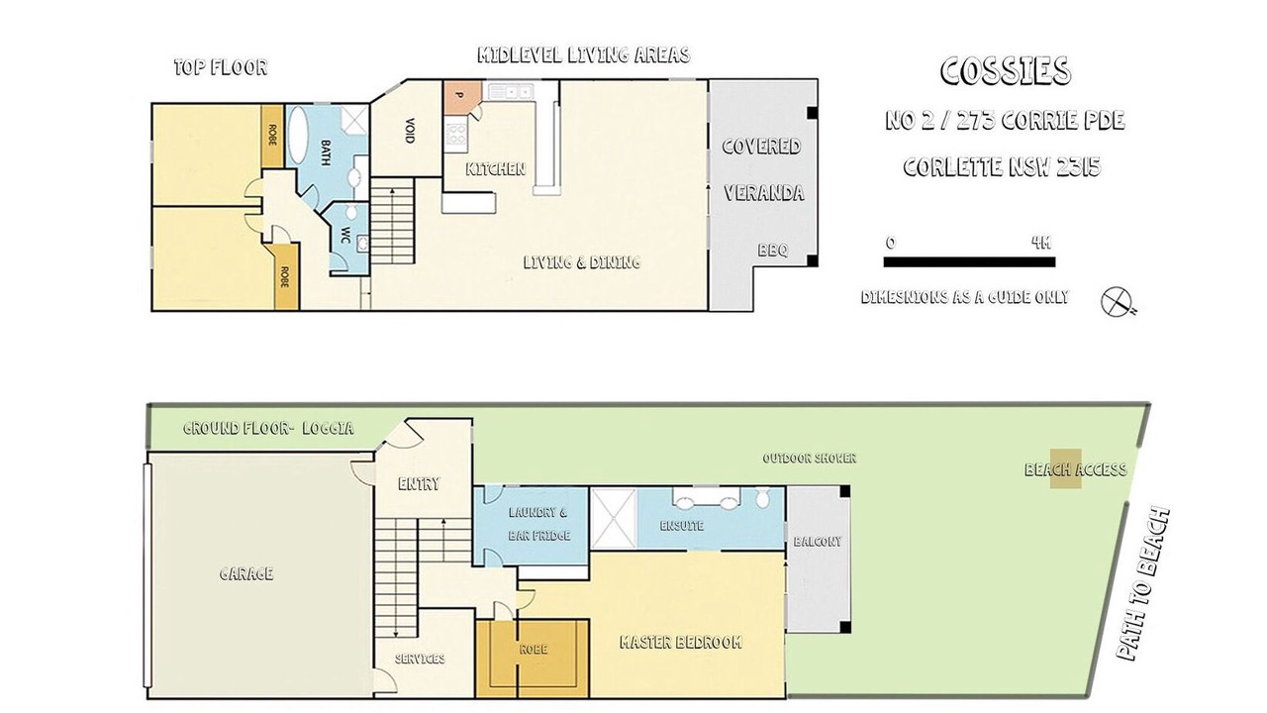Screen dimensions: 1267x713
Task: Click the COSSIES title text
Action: coord(1006,71)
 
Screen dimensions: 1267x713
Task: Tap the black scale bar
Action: coord(969,262)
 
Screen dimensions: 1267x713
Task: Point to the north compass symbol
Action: coord(1119,302)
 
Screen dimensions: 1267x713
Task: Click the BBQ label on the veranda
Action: coord(773,251)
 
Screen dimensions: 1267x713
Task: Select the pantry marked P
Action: coord(461,93)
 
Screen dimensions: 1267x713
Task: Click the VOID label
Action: coord(410,130)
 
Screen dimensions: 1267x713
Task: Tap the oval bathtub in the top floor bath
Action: coord(298,135)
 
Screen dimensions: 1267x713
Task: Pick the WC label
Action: coord(345,236)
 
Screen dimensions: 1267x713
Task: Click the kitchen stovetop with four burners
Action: coord(456,135)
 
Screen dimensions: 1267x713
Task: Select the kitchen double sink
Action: coord(511,90)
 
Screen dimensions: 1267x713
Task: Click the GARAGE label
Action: coord(246,573)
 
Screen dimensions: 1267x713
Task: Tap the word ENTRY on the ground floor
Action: coord(419,484)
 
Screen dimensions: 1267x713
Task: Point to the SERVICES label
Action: coord(420,659)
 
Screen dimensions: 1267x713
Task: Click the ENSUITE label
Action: coord(682,526)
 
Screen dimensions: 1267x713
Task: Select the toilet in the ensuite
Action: coord(762,497)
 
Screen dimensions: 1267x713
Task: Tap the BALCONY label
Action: coord(818,542)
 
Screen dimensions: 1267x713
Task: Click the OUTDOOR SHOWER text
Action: coord(810,458)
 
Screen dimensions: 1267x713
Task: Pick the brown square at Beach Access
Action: coord(1066,468)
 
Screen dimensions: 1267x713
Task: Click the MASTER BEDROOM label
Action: coord(681,642)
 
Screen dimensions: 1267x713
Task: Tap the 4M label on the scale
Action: coord(1040,243)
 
